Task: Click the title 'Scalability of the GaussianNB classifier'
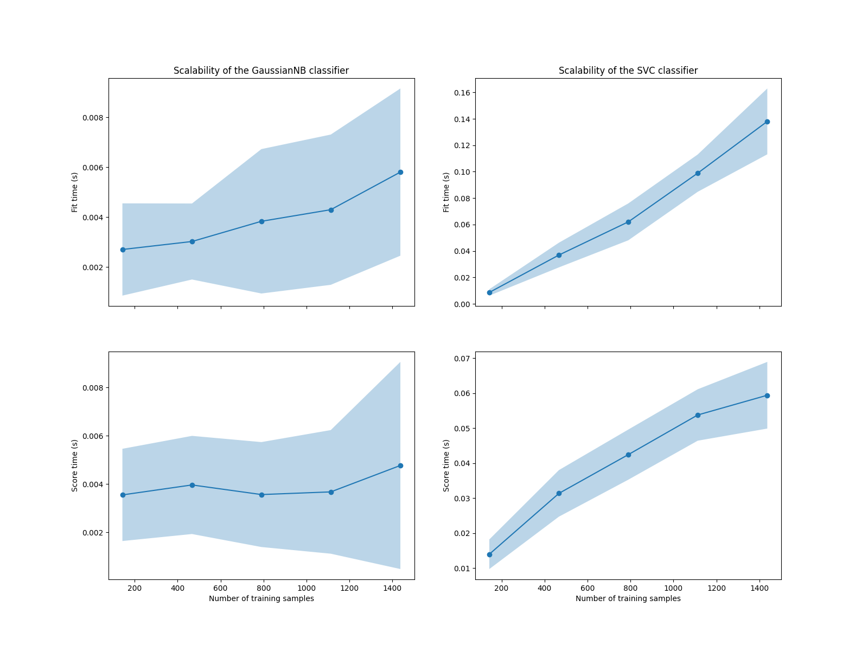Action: click(261, 71)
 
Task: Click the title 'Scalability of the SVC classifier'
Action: click(628, 71)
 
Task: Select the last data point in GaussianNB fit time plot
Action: click(400, 172)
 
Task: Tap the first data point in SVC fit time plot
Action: click(489, 292)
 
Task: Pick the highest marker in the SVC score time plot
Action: click(767, 395)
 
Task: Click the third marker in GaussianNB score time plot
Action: click(261, 495)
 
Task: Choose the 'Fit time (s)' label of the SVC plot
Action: click(446, 192)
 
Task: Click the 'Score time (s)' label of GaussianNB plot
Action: click(75, 465)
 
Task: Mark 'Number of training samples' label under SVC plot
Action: click(628, 598)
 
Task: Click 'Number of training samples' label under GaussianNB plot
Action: click(261, 598)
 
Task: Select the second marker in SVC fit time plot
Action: click(559, 255)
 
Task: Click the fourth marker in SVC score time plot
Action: click(698, 415)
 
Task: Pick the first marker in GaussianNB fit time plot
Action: click(123, 250)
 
